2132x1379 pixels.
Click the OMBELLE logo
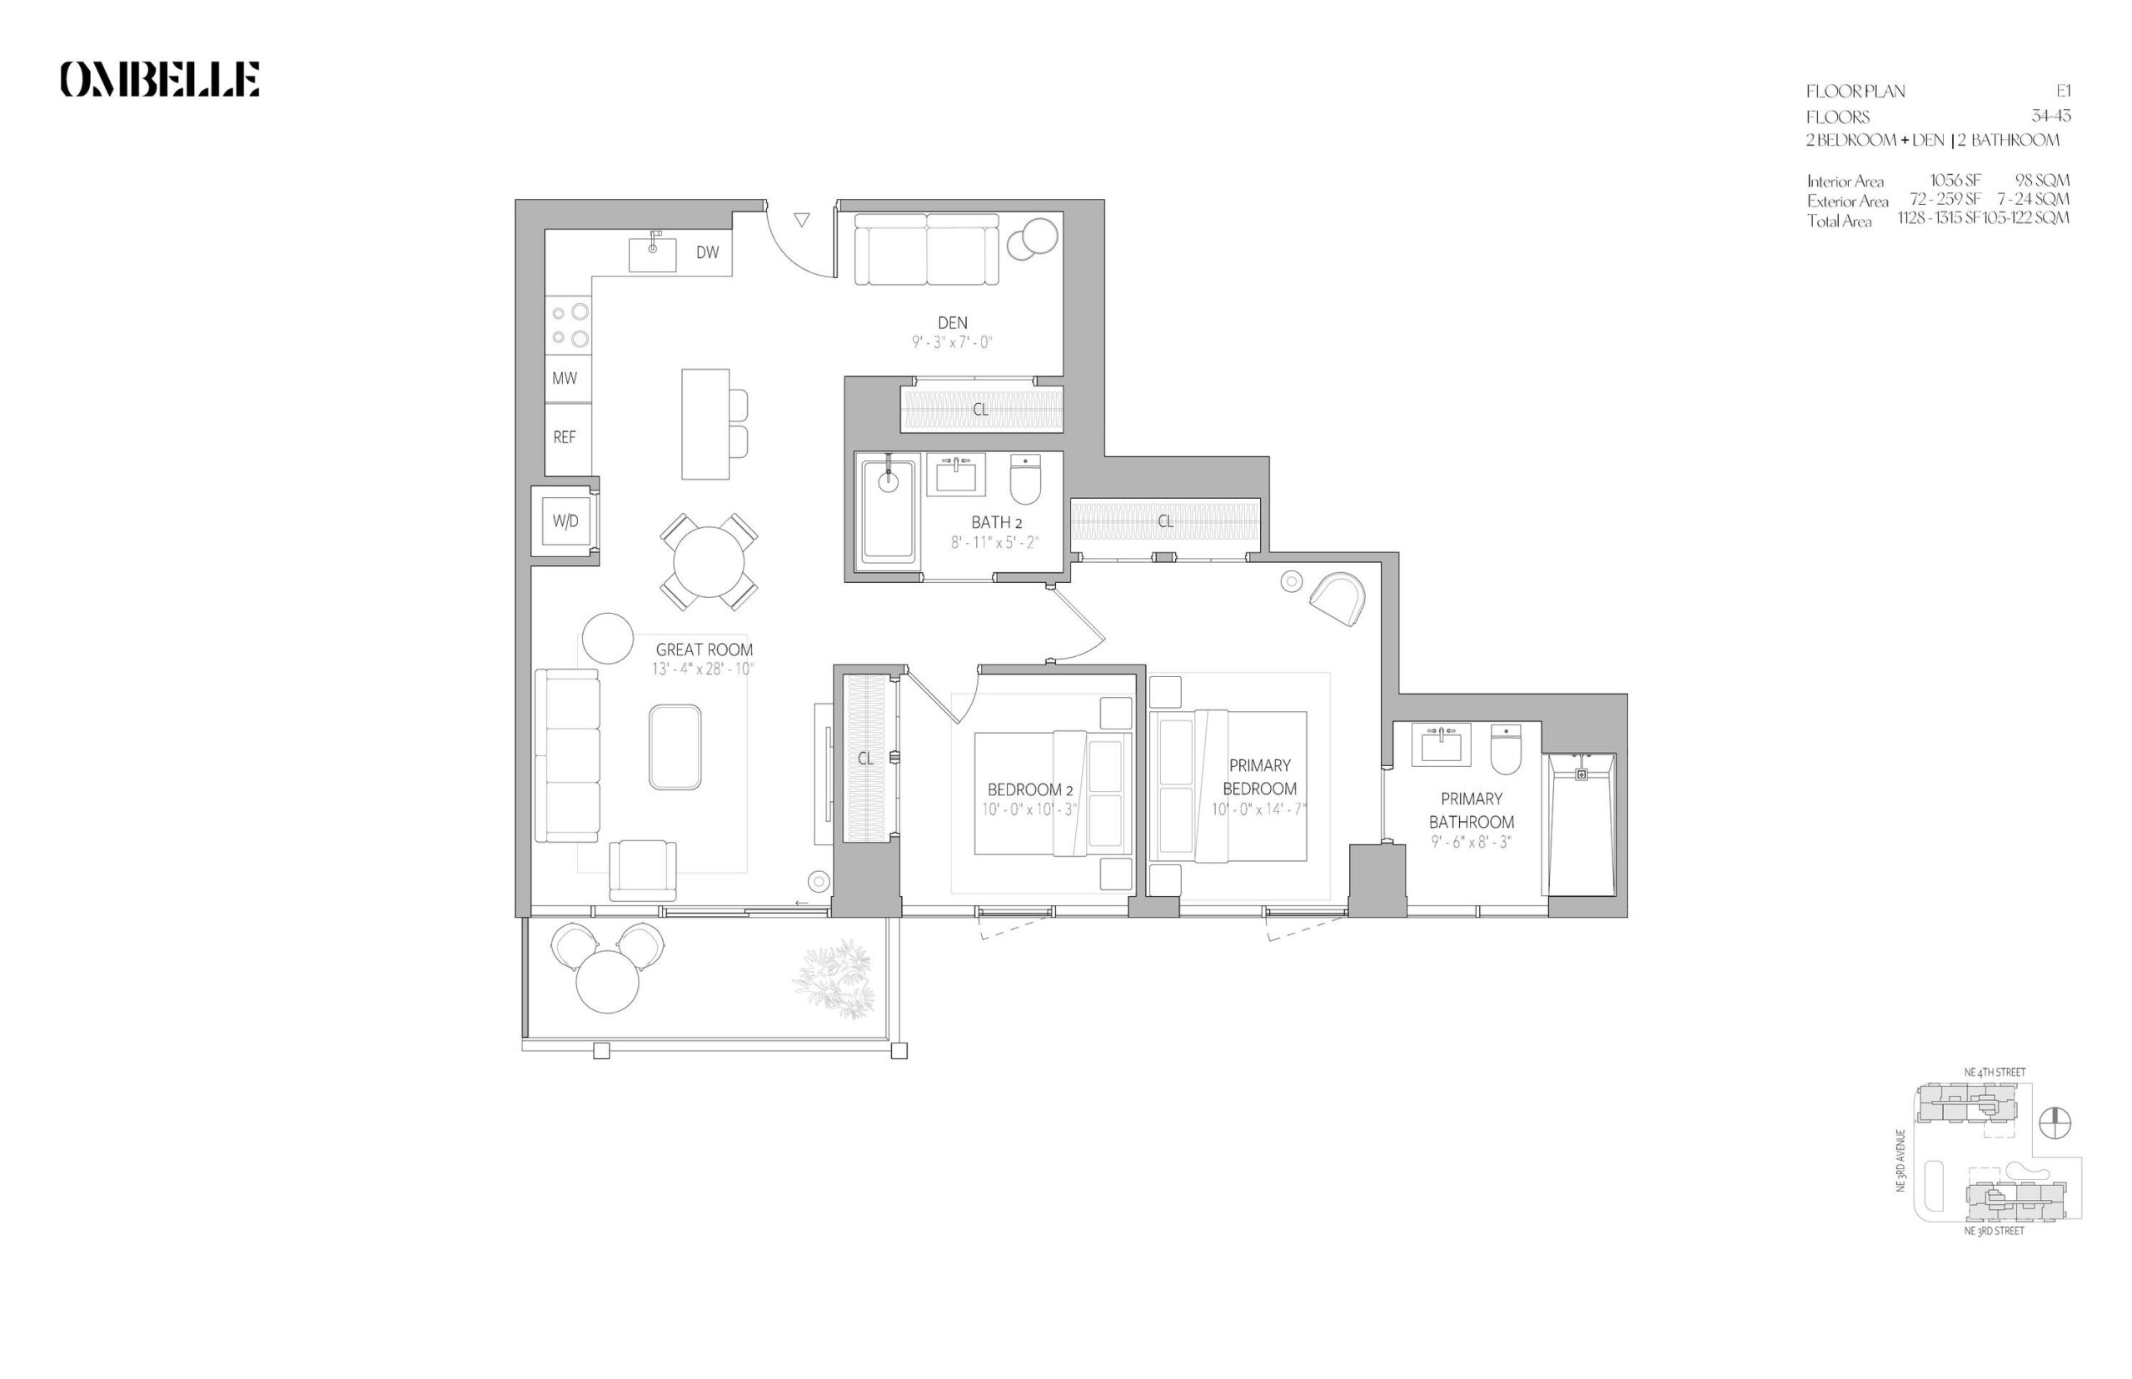coord(160,79)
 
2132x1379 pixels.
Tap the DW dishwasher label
coord(707,252)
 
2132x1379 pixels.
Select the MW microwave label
coord(564,378)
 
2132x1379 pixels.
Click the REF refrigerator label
coord(564,437)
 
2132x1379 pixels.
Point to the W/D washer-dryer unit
coord(565,521)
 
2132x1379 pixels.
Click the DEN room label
coord(952,322)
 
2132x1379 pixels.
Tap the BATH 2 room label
coord(997,522)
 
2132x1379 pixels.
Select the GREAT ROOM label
coord(704,650)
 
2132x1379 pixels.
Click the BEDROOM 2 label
coord(1029,789)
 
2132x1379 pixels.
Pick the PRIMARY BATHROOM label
coord(1472,809)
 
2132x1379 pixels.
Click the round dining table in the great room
coord(708,561)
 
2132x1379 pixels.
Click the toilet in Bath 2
coord(1025,480)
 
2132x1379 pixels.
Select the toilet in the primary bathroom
coord(1506,749)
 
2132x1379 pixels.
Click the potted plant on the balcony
coord(832,978)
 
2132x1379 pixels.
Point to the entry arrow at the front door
coord(801,219)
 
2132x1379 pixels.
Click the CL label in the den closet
coord(980,409)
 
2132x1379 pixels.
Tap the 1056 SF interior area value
coord(1955,180)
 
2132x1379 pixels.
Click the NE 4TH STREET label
coord(1994,1072)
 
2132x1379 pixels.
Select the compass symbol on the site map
coord(2055,1123)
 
